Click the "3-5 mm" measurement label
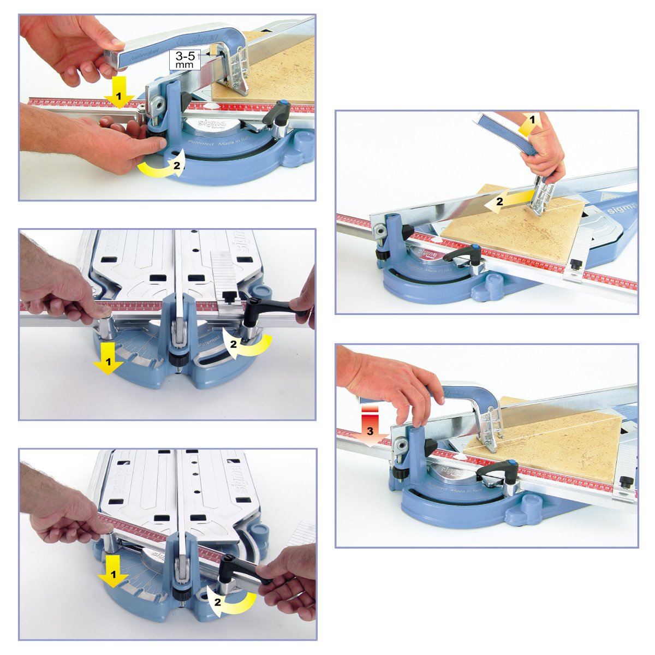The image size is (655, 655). coord(185,59)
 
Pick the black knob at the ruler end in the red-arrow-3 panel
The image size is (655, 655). coord(626,483)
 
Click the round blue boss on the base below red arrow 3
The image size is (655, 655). coord(526,505)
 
